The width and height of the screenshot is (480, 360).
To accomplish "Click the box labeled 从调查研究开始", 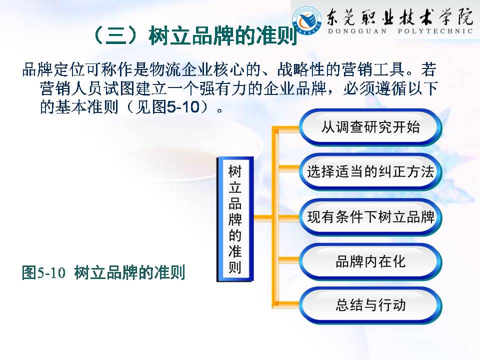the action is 370,127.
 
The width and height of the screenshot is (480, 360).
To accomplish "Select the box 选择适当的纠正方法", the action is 370,171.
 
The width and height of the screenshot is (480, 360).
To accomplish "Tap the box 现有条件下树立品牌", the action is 370,217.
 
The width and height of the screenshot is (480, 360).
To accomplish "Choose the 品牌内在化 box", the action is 370,261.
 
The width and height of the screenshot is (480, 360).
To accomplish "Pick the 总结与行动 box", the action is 370,305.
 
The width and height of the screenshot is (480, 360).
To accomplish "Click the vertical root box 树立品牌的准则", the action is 235,219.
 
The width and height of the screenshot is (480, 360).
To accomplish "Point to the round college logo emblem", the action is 307,20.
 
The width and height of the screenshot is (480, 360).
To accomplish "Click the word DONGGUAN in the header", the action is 357,31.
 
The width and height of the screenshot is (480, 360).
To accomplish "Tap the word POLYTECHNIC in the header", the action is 435,31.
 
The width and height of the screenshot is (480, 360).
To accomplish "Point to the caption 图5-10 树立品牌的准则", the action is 103,272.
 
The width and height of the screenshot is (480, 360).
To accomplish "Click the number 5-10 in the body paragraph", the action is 183,107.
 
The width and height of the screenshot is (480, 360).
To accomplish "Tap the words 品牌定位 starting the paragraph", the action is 53,69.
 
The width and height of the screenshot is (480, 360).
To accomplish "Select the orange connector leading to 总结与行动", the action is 285,304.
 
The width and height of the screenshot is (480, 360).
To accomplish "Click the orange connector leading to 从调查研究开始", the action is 285,129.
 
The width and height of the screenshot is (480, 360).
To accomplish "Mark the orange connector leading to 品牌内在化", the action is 289,260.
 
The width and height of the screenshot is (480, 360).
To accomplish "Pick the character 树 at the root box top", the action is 235,171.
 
